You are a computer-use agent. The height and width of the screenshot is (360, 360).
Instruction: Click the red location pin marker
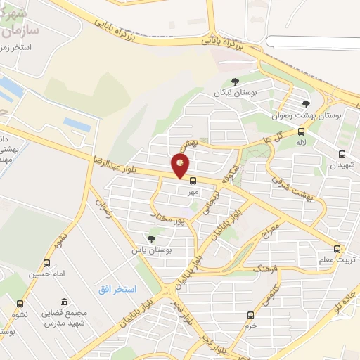(x=181, y=166)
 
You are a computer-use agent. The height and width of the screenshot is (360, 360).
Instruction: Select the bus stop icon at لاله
(x=302, y=131)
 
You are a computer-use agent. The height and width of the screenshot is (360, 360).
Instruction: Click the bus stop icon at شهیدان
(x=342, y=154)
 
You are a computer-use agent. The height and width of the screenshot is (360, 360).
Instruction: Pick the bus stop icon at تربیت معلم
(x=337, y=249)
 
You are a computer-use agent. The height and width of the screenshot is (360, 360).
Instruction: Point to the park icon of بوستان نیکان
(x=235, y=82)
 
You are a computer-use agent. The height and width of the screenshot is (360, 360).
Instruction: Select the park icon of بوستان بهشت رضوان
(x=305, y=104)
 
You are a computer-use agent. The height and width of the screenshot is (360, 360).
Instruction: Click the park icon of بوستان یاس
(x=150, y=239)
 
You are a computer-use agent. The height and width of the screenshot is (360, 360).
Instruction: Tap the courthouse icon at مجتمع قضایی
(x=65, y=302)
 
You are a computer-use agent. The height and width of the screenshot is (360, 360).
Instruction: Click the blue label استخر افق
(x=117, y=290)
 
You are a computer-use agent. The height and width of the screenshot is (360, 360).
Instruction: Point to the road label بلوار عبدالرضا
(x=115, y=162)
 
